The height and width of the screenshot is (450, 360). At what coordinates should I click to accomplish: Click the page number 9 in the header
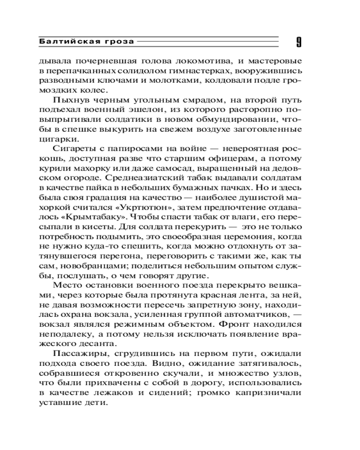click(x=299, y=42)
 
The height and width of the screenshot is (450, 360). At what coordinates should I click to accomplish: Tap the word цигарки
click(x=54, y=139)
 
